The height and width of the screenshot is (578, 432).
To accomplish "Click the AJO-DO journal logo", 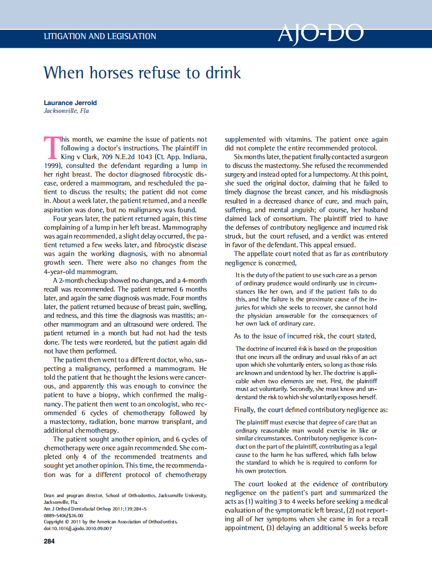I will (320, 34).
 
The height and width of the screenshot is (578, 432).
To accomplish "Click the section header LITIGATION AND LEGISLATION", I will (100, 37).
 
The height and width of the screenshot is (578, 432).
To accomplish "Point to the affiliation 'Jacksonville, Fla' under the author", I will (67, 111).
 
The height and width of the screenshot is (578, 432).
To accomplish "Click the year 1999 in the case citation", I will (53, 165).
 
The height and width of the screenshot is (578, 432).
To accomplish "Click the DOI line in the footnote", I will (78, 529).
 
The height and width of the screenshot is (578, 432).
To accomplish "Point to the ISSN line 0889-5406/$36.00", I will (63, 515).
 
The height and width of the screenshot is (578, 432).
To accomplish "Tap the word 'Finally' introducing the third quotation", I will (245, 410).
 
